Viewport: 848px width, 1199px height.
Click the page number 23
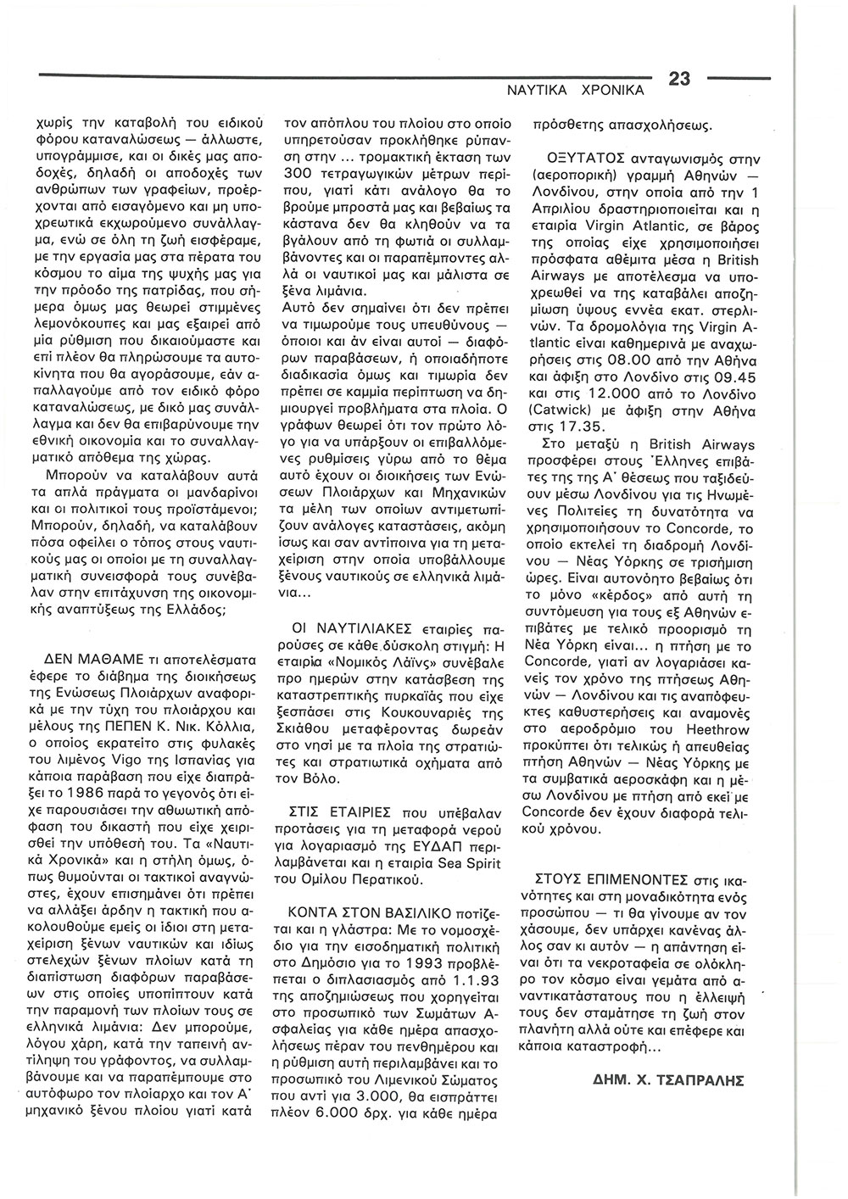pyautogui.click(x=681, y=80)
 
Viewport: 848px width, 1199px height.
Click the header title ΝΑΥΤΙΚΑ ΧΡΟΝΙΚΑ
pyautogui.click(x=577, y=88)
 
